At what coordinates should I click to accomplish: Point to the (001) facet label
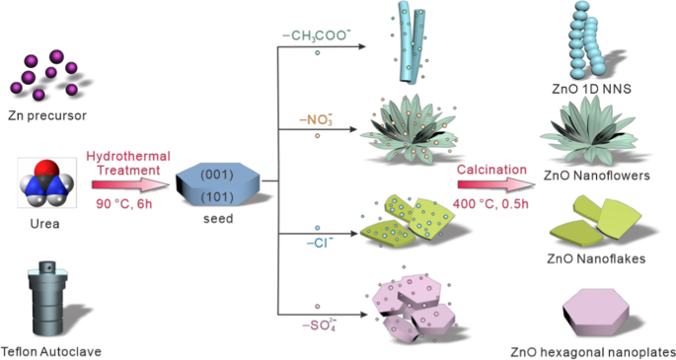(217, 175)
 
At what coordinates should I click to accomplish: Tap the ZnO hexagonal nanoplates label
(592, 350)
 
